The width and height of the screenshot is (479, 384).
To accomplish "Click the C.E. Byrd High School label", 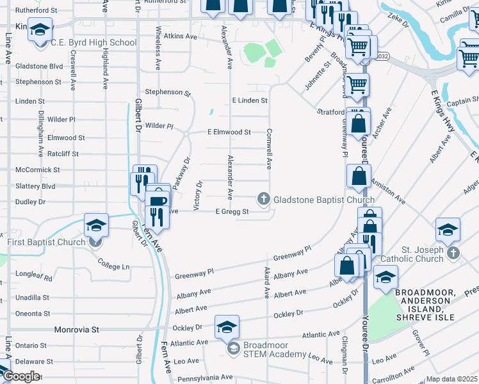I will (93, 43).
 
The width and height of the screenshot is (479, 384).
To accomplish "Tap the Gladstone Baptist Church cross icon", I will (263, 200).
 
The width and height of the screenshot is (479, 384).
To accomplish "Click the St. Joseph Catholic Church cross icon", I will (453, 253).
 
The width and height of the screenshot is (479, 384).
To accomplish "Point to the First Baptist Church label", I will (46, 242).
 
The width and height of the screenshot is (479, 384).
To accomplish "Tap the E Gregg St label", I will (232, 212).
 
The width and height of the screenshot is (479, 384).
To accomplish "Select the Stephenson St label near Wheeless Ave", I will (168, 92).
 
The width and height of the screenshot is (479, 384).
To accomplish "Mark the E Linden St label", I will (249, 100).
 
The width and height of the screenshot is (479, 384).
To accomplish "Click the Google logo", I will (22, 376).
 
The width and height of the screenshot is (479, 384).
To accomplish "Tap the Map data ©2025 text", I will (452, 379).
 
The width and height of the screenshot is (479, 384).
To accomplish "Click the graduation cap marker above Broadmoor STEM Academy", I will (227, 327).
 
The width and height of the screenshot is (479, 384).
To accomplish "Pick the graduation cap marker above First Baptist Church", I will (95, 225).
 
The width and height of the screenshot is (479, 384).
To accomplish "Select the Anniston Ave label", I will (388, 190).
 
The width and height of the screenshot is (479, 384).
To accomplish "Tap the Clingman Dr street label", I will (345, 355).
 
